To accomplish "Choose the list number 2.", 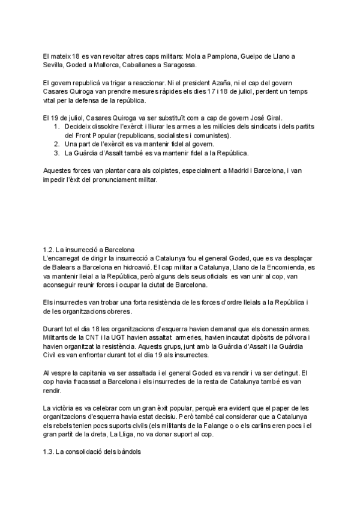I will click(x=56, y=145).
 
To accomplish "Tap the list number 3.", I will click(x=56, y=154).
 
